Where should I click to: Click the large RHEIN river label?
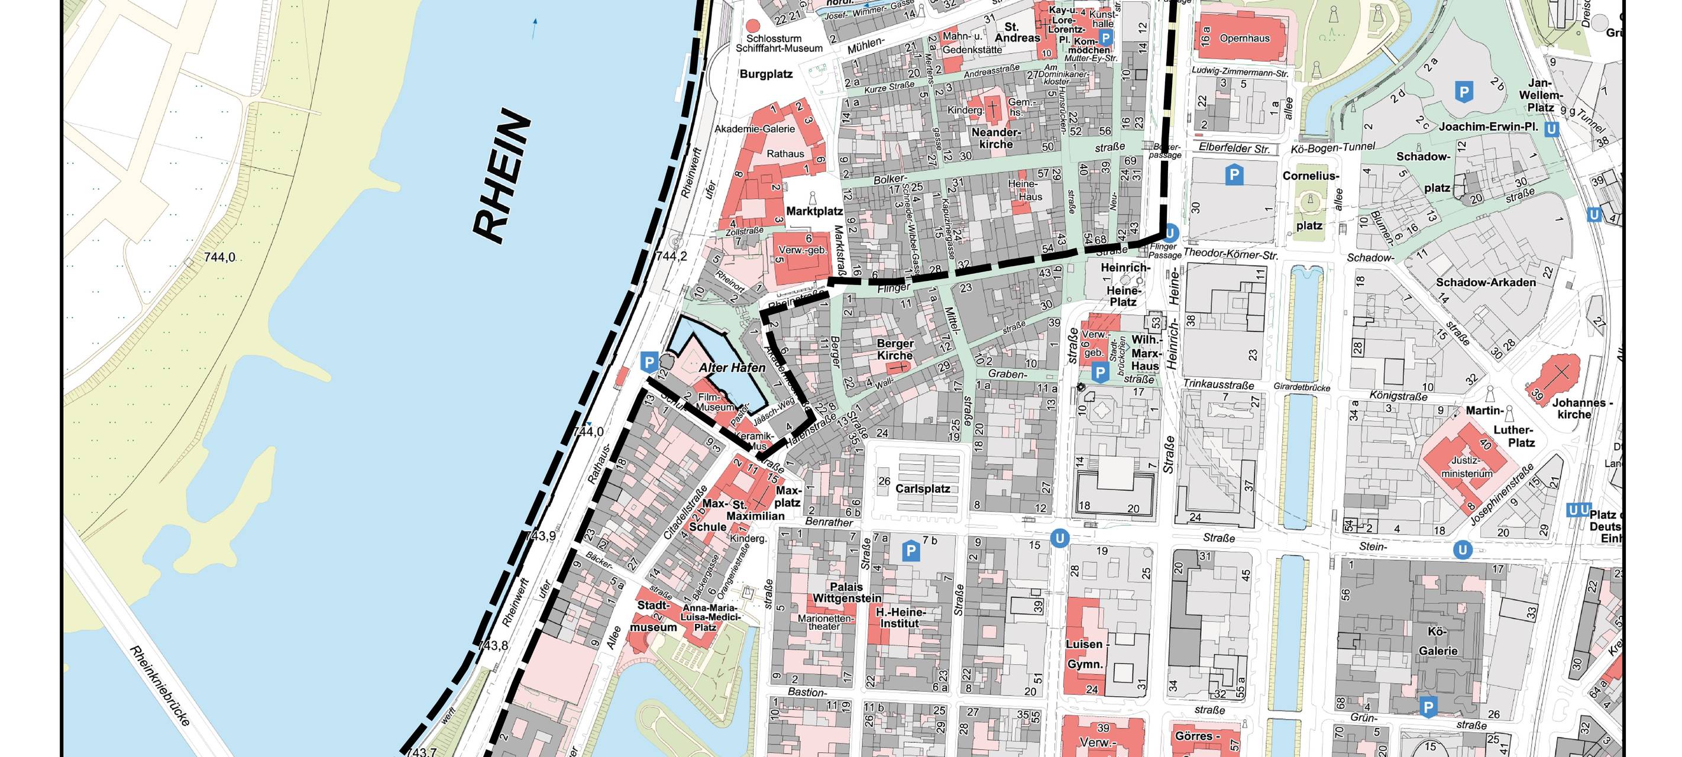[502, 176]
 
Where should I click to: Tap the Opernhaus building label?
[1244, 38]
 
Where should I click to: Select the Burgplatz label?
[766, 75]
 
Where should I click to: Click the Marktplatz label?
[814, 212]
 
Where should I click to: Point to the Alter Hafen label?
[732, 368]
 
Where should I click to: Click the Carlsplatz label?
[922, 489]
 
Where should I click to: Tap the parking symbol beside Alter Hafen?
[648, 363]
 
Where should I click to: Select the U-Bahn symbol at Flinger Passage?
[1169, 232]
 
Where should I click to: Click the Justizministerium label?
[1467, 467]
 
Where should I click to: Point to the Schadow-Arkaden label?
[1485, 283]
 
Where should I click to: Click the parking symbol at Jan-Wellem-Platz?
[1464, 92]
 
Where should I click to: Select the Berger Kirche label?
[895, 350]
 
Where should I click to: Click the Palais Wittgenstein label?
[847, 593]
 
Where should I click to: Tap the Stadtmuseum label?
[653, 616]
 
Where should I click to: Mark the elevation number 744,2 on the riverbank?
[671, 257]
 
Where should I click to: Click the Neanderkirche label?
[996, 138]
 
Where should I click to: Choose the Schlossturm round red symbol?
[753, 26]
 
